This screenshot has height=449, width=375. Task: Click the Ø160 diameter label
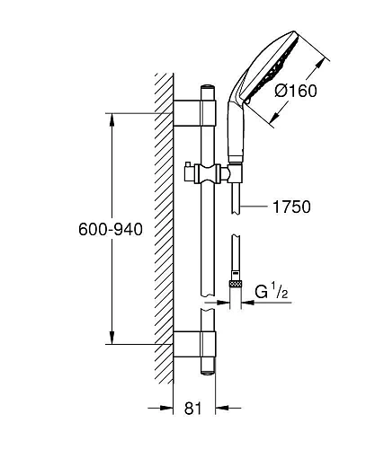tap(296, 91)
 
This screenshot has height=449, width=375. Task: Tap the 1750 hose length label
tap(291, 207)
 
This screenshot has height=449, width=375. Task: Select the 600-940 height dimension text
tap(111, 230)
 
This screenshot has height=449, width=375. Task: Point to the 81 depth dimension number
tap(193, 408)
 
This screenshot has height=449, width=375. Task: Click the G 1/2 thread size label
tap(272, 292)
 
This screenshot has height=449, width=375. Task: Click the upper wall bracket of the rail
tap(194, 113)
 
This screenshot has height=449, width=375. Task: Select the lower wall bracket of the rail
tap(194, 344)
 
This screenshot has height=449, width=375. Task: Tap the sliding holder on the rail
tap(208, 173)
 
